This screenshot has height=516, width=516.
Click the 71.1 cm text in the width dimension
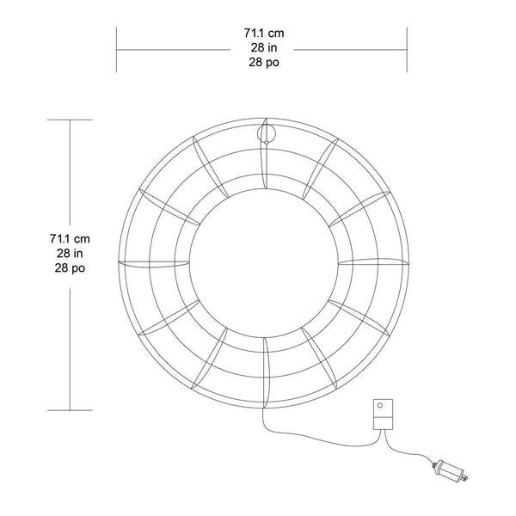point(264,33)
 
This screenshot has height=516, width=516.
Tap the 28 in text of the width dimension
point(264,47)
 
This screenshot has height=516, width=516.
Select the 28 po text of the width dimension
point(264,62)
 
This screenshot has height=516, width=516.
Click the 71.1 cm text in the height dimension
point(70,238)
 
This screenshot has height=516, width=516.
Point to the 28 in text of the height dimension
point(70,254)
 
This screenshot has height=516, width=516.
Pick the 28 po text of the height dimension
point(70,267)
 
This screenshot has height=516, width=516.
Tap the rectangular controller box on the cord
point(383,415)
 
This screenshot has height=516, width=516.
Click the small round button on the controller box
point(380,405)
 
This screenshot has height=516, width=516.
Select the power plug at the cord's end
point(451,470)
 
